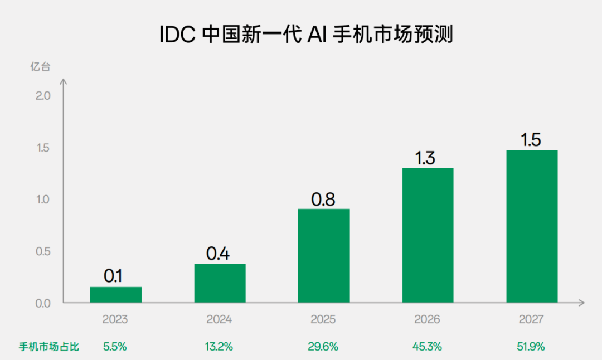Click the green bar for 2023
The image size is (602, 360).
(x=116, y=295)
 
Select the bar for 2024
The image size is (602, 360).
(x=220, y=283)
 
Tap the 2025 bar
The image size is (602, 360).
(x=324, y=256)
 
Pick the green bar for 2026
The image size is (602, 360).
(x=428, y=235)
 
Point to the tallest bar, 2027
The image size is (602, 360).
(x=532, y=226)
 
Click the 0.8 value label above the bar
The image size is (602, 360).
(x=323, y=199)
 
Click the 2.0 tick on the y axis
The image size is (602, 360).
(x=42, y=96)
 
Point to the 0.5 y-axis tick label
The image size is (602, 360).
(x=42, y=251)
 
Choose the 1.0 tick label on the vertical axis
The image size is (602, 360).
(x=42, y=200)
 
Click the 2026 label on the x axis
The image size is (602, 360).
(x=427, y=320)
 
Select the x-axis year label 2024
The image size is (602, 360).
(x=219, y=320)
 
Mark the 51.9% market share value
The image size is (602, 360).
(x=531, y=347)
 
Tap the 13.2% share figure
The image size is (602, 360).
(x=219, y=347)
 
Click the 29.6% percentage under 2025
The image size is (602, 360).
(x=323, y=347)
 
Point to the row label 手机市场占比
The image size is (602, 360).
(x=49, y=347)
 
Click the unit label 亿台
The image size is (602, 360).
(x=40, y=67)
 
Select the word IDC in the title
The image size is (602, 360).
(x=177, y=35)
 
